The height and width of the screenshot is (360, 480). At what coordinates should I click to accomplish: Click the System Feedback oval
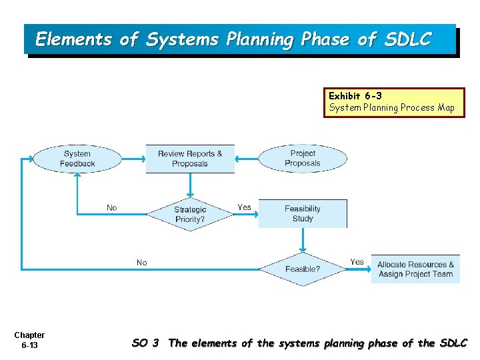77,159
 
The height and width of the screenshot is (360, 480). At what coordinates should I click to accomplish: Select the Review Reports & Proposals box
190,159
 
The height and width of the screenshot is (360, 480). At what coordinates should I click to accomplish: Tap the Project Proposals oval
303,159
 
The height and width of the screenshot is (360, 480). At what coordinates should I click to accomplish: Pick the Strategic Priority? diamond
190,214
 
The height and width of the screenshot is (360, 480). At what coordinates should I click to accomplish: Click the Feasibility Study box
303,213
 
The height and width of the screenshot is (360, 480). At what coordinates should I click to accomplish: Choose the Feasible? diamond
303,269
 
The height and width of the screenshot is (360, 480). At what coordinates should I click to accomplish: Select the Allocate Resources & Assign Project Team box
415,269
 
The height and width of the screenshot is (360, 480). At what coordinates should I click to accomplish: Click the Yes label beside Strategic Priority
245,207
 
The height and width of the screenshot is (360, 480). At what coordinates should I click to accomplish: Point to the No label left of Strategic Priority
111,208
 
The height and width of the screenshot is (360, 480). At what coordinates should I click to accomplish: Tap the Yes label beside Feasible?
357,262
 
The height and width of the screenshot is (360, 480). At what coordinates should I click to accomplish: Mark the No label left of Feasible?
141,263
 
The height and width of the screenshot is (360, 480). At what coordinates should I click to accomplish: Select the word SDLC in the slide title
407,39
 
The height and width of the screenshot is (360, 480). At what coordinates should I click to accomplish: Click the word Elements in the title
74,39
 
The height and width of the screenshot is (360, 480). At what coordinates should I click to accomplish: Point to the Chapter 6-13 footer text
29,340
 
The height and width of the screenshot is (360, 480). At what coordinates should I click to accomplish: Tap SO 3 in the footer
145,343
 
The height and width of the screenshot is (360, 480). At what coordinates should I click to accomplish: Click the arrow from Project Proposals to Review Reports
247,159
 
